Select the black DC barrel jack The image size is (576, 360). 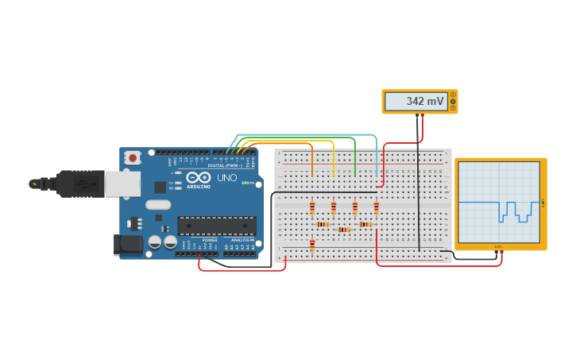point(127,244)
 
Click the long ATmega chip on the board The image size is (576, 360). point(216,226)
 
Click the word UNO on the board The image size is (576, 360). point(226,177)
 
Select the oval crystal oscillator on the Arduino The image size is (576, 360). point(158,204)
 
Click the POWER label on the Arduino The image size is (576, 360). point(210,239)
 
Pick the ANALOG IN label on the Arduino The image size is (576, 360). point(242,239)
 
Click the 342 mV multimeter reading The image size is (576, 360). point(425,102)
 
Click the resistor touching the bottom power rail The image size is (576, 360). point(312,246)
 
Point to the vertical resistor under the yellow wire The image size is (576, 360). point(334,208)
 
